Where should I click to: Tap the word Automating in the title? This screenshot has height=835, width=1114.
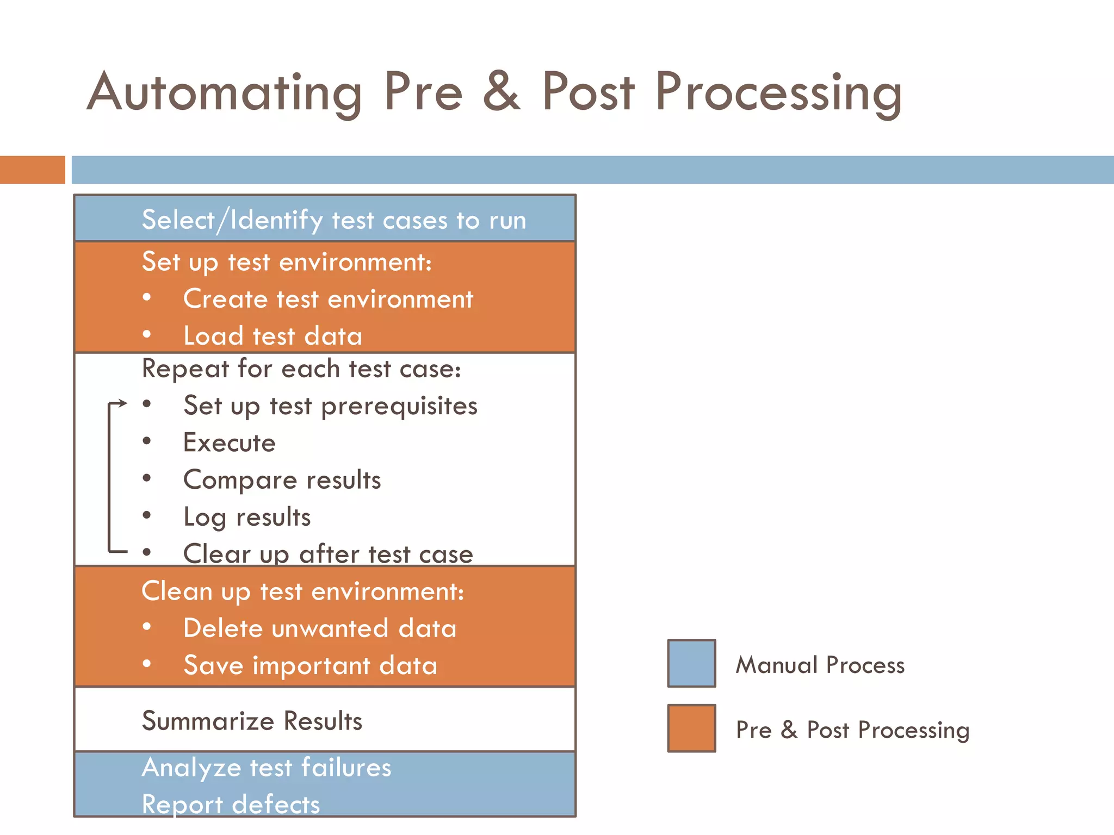click(x=225, y=92)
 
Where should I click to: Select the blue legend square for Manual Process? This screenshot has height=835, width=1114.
click(x=691, y=663)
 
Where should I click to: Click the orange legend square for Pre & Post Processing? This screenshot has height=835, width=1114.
click(x=691, y=728)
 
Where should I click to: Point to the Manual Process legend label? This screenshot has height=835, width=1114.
click(x=820, y=665)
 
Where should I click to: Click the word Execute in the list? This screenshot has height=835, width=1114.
click(x=230, y=443)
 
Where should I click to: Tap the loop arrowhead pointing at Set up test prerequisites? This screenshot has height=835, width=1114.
click(x=123, y=403)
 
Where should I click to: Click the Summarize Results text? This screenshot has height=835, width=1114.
click(x=252, y=721)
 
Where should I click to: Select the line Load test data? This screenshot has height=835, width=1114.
click(x=273, y=335)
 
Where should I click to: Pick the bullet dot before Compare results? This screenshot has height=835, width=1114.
click(x=147, y=478)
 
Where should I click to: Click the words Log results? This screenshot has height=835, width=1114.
click(x=247, y=517)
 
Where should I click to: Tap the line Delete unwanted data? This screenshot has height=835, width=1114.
click(x=320, y=628)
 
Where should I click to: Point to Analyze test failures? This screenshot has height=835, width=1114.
click(x=267, y=768)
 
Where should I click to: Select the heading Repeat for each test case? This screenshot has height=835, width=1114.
click(x=301, y=369)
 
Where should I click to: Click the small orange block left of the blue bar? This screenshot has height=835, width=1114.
click(x=32, y=170)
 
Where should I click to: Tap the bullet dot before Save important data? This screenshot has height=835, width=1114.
click(x=147, y=664)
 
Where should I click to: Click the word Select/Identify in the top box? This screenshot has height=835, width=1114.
click(x=232, y=220)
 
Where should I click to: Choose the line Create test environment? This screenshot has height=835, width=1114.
click(x=328, y=299)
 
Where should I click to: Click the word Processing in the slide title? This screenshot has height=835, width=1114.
click(x=778, y=92)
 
